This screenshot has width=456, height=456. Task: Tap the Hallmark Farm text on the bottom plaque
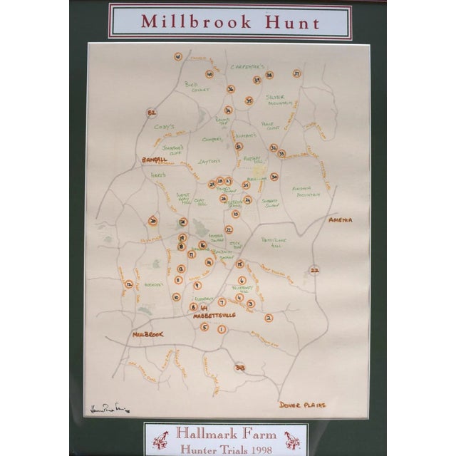click(226, 432)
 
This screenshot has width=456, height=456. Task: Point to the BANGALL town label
click(154, 159)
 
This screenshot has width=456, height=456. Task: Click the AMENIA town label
click(341, 220)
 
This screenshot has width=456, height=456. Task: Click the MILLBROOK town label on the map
click(147, 334)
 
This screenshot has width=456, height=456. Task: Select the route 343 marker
click(240, 367)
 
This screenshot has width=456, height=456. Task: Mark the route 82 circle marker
click(151, 113)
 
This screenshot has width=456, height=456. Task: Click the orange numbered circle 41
click(177, 56)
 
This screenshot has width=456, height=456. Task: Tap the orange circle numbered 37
click(296, 73)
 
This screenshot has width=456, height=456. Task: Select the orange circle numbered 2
click(269, 318)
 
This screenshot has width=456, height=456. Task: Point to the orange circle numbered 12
click(129, 284)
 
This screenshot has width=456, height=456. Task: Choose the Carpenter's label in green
click(248, 66)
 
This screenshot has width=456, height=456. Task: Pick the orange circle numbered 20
click(152, 221)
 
